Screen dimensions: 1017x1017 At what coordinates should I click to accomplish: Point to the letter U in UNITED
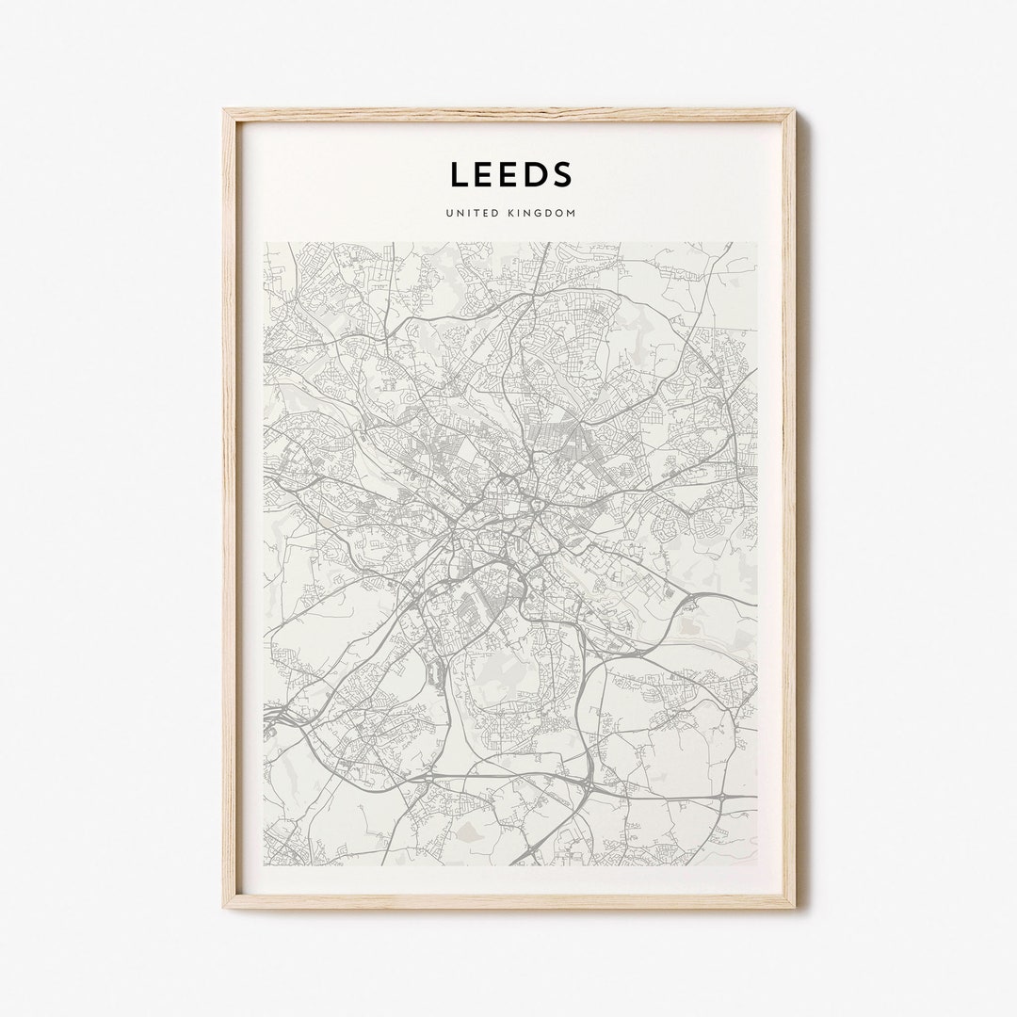[x=450, y=214]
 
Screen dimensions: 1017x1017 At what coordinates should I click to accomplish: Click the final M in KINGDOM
[x=571, y=214]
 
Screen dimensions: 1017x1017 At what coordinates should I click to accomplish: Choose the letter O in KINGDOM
[x=559, y=214]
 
